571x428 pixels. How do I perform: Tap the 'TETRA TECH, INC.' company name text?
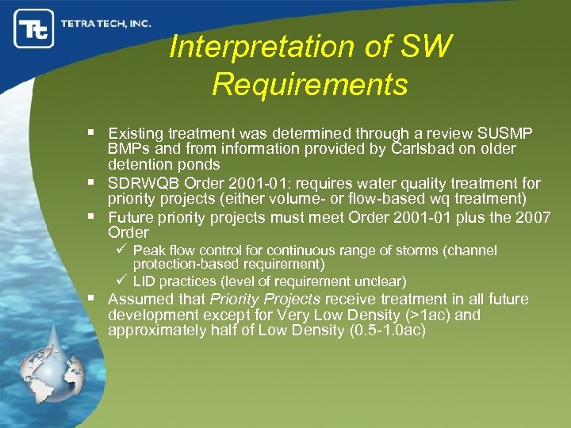[x=105, y=24]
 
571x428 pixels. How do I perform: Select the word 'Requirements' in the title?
[x=309, y=83]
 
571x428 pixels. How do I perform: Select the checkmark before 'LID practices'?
[x=122, y=281]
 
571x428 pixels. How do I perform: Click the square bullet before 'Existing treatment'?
[x=93, y=133]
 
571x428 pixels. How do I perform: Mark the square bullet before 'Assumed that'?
[x=93, y=299]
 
